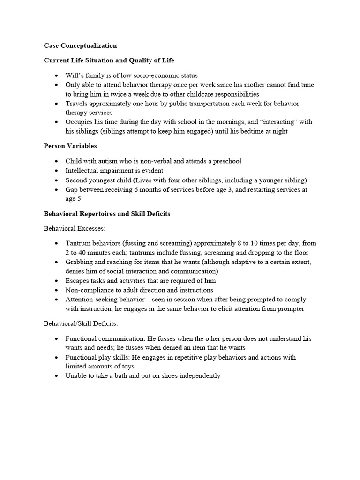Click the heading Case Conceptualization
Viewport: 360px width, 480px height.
80,46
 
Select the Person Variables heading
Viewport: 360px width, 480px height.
70,146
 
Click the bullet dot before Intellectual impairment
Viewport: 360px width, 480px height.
57,171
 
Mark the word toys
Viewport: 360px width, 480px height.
127,367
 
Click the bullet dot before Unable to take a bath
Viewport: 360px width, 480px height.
57,376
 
